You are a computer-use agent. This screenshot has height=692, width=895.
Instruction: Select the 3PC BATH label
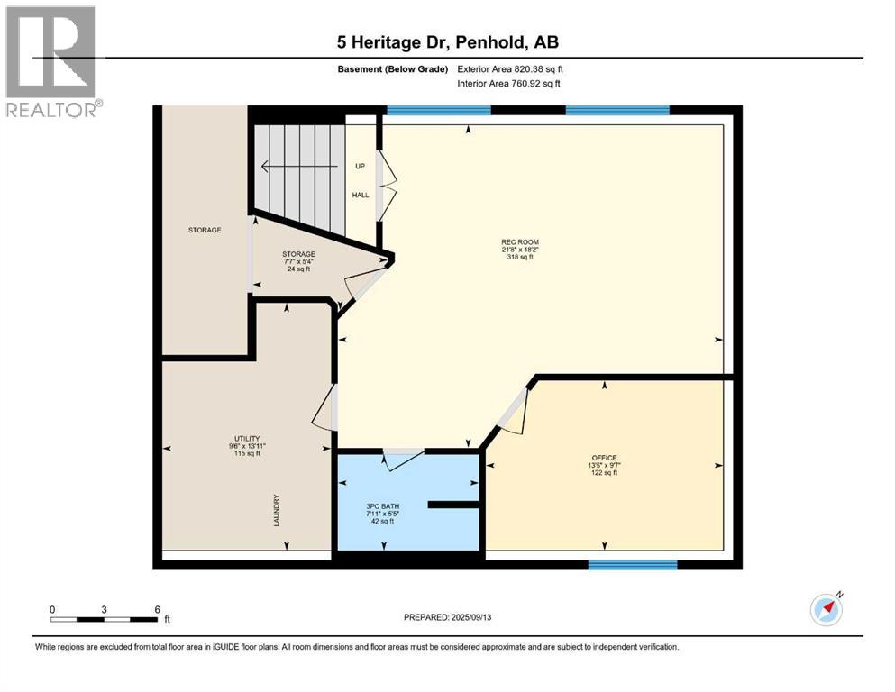pyautogui.click(x=382, y=506)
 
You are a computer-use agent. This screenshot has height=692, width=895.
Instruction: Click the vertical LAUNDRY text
pyautogui.click(x=278, y=510)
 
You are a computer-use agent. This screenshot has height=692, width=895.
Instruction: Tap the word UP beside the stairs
pyautogui.click(x=360, y=166)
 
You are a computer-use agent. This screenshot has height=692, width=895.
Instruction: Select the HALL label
pyautogui.click(x=360, y=196)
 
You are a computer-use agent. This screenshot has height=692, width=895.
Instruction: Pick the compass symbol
pyautogui.click(x=826, y=609)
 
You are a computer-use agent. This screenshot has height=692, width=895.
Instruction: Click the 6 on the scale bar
pyautogui.click(x=157, y=608)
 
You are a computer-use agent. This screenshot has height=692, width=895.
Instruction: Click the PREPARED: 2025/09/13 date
pyautogui.click(x=449, y=618)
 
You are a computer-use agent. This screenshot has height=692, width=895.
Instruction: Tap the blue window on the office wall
pyautogui.click(x=632, y=565)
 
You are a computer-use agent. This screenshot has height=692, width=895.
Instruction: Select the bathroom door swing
pyautogui.click(x=402, y=458)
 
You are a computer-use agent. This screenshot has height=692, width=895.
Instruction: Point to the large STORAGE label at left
pyautogui.click(x=205, y=230)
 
